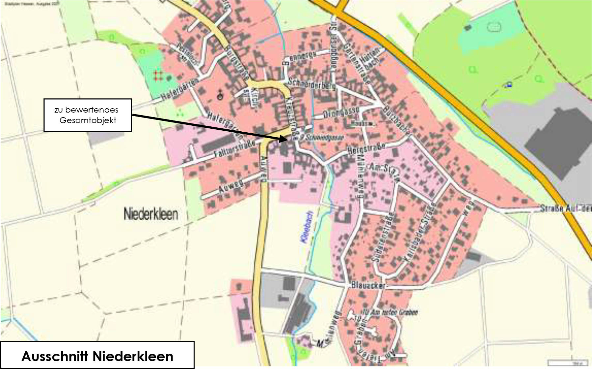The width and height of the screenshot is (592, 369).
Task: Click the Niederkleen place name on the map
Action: pyautogui.click(x=151, y=214)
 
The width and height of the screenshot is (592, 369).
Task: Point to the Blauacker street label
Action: pyautogui.click(x=368, y=285)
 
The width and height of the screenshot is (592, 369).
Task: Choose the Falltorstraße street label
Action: pyautogui.click(x=234, y=148)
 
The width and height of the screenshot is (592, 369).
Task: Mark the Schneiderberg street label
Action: pyautogui.click(x=311, y=84)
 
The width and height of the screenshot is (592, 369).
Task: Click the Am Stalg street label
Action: pyautogui.click(x=384, y=172)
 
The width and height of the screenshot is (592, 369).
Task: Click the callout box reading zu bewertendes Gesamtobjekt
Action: pyautogui.click(x=88, y=115)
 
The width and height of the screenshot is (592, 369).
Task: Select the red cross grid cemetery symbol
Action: pyautogui.click(x=158, y=75)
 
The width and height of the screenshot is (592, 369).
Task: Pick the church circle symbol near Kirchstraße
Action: pyautogui.click(x=220, y=96)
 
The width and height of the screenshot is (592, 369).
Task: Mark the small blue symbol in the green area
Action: pyautogui.click(x=509, y=85)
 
